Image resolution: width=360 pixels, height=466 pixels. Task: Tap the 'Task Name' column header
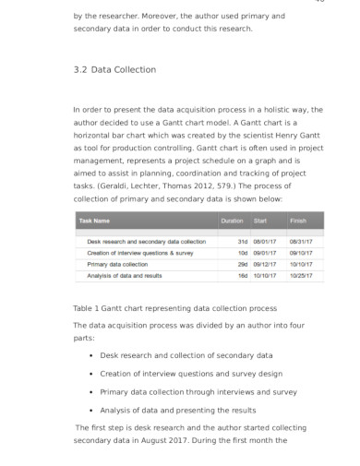pyautogui.click(x=95, y=221)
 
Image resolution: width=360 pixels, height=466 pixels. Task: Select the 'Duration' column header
pyautogui.click(x=232, y=221)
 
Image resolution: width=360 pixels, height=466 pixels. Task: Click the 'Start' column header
pyautogui.click(x=260, y=221)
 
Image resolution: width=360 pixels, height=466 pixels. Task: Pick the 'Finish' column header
pyautogui.click(x=298, y=221)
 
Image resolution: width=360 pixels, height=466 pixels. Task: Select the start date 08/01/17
pyautogui.click(x=265, y=242)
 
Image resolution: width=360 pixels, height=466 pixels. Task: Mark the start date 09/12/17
pyautogui.click(x=265, y=264)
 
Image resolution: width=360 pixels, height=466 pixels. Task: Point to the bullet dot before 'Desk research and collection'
pyautogui.click(x=90, y=355)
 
